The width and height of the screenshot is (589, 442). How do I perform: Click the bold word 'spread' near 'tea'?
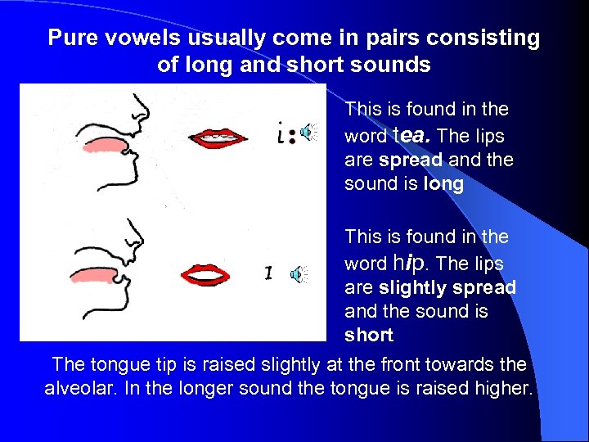[411, 160]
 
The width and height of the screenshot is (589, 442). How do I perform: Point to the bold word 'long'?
[443, 184]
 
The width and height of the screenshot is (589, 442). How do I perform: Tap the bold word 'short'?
[369, 336]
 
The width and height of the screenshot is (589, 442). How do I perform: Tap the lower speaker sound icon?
[300, 273]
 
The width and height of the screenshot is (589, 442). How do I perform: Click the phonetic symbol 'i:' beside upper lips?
[282, 133]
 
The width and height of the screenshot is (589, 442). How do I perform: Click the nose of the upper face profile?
[141, 109]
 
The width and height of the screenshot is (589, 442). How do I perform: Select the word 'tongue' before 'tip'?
[115, 363]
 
